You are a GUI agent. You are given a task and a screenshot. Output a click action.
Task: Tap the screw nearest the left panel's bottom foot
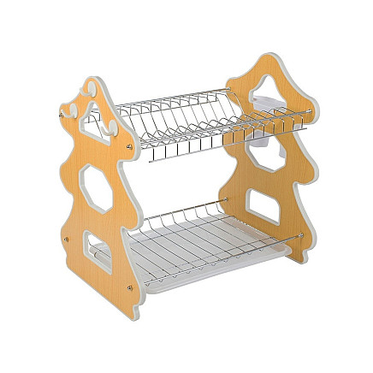[128, 288]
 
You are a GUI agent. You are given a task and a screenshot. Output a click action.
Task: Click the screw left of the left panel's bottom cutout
[68, 238]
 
